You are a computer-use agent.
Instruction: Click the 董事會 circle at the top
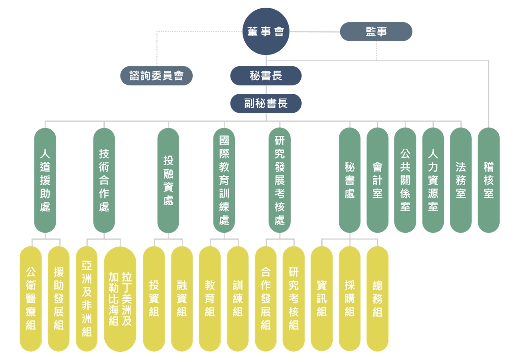pyautogui.click(x=266, y=32)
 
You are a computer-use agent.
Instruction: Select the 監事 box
pyautogui.click(x=376, y=32)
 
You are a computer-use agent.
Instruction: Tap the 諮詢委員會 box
pyautogui.click(x=156, y=76)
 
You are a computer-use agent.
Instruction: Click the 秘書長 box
pyautogui.click(x=266, y=76)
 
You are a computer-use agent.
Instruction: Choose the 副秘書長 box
pyautogui.click(x=266, y=103)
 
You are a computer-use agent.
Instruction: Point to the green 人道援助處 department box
pyautogui.click(x=45, y=180)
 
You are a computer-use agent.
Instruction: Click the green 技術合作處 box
pyautogui.click(x=104, y=180)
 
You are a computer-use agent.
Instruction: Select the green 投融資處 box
pyautogui.click(x=168, y=180)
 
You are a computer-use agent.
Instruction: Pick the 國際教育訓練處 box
pyautogui.click(x=224, y=180)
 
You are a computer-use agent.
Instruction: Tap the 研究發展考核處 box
pyautogui.click(x=280, y=180)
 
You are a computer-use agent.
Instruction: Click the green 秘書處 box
pyautogui.click(x=350, y=180)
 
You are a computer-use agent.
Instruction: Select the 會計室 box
pyautogui.click(x=378, y=180)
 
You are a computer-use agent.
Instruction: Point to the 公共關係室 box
pyautogui.click(x=405, y=180)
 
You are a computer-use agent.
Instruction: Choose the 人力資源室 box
pyautogui.click(x=433, y=180)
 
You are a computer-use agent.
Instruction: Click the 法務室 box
pyautogui.click(x=461, y=180)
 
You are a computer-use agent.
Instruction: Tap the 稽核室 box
pyautogui.click(x=488, y=180)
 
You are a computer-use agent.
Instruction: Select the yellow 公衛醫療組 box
pyautogui.click(x=31, y=299)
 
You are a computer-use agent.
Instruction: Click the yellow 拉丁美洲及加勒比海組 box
pyautogui.click(x=120, y=299)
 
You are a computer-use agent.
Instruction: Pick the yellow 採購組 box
pyautogui.click(x=350, y=299)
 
